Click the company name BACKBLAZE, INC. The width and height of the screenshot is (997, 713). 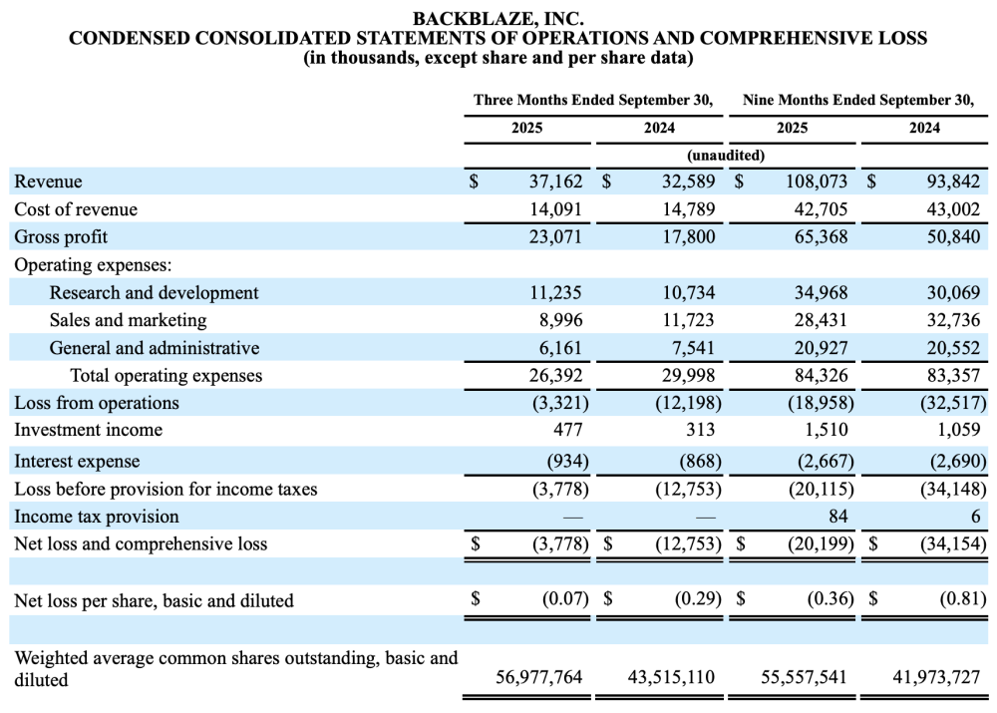tap(498, 18)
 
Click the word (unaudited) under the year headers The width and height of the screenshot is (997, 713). tap(726, 155)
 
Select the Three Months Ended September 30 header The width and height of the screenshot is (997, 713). tap(593, 100)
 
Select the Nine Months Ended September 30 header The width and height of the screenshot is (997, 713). tap(858, 100)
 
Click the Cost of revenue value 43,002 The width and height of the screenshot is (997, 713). tap(953, 209)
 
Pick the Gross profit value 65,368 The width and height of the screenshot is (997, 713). tap(821, 237)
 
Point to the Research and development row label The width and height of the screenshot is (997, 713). tap(154, 292)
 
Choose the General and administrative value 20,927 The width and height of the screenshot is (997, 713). tap(821, 348)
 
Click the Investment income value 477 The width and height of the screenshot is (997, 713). tap(568, 430)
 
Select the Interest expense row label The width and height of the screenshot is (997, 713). tap(77, 461)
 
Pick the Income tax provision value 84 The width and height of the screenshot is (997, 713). tap(836, 517)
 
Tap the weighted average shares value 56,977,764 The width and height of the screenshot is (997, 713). tap(538, 677)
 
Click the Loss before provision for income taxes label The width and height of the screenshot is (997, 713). tap(166, 489)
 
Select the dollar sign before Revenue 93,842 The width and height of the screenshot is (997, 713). tap(871, 181)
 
